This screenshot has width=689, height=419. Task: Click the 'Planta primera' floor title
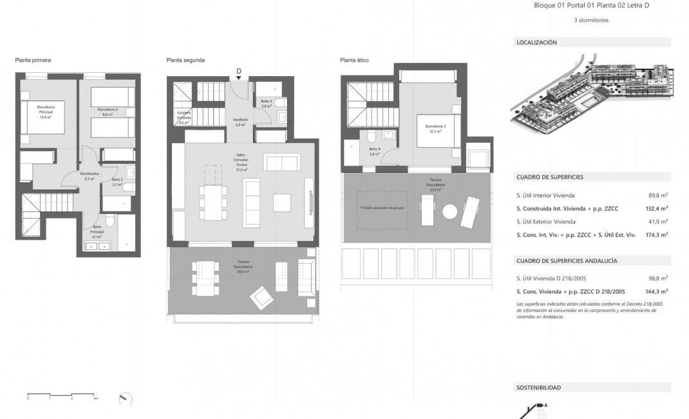(x=33, y=60)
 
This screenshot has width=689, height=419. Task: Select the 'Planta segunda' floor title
(x=185, y=60)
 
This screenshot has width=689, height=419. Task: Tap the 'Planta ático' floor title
(x=354, y=60)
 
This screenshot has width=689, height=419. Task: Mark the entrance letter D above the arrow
(x=239, y=70)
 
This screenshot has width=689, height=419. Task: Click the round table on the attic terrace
(x=450, y=211)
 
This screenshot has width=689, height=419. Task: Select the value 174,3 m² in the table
(x=656, y=235)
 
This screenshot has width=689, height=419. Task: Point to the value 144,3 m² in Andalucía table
(x=656, y=291)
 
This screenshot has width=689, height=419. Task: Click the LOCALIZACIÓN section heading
(x=536, y=43)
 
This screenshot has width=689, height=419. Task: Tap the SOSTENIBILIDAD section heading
(x=538, y=387)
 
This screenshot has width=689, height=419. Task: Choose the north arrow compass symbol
(x=126, y=398)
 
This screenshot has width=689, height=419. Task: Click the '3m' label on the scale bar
(x=95, y=399)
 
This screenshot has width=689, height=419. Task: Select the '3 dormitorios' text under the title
(x=591, y=20)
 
